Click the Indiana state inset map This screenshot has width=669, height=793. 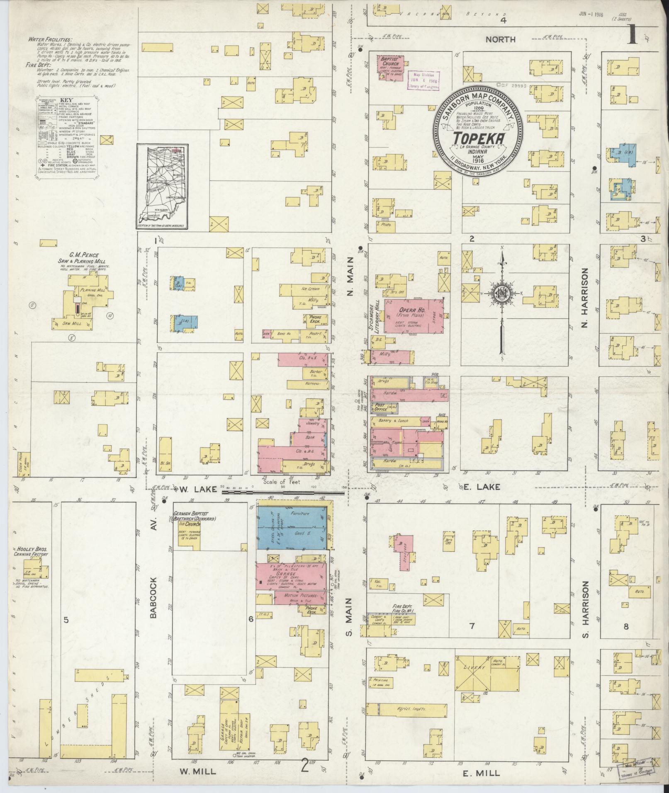tap(162, 186)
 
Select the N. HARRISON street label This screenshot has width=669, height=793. tap(585, 297)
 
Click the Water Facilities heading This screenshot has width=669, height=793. tap(50, 40)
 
